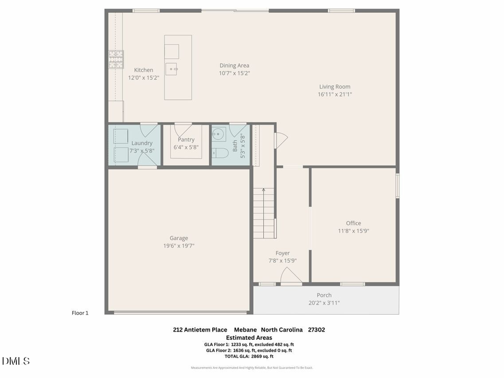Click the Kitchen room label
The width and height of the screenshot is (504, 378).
(143, 70)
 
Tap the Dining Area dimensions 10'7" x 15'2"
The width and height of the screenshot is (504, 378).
(234, 73)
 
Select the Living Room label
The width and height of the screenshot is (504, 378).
(334, 87)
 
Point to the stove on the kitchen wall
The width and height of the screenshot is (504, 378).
(116, 59)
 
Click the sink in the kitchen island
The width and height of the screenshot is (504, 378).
(174, 69)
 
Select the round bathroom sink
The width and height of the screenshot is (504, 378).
(218, 134)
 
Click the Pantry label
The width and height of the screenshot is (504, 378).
(186, 139)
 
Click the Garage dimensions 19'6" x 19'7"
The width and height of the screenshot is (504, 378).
(179, 246)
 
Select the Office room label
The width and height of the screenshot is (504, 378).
(353, 223)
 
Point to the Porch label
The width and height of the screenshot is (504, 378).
(324, 295)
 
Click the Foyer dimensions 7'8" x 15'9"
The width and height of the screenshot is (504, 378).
(282, 261)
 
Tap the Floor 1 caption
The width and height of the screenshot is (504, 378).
(80, 313)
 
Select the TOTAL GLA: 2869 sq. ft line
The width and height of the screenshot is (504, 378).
(249, 356)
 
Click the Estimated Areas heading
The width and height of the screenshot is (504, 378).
(249, 338)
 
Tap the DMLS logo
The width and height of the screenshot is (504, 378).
(16, 361)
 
